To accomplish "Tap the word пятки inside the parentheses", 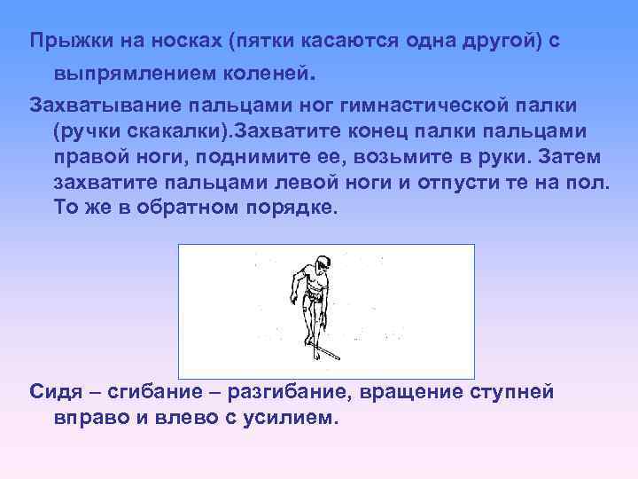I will (x=276, y=42).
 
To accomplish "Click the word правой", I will (x=94, y=157).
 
